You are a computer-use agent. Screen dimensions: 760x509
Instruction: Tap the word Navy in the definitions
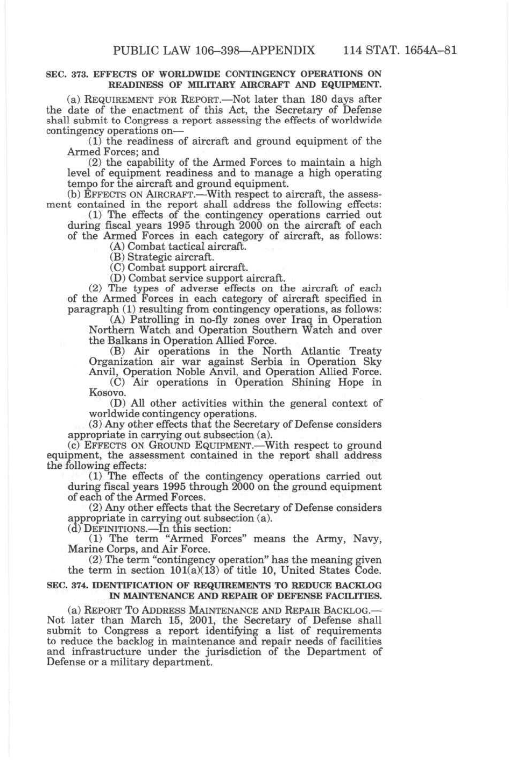(x=370, y=539)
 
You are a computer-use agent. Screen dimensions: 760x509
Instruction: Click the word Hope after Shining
(x=339, y=383)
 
